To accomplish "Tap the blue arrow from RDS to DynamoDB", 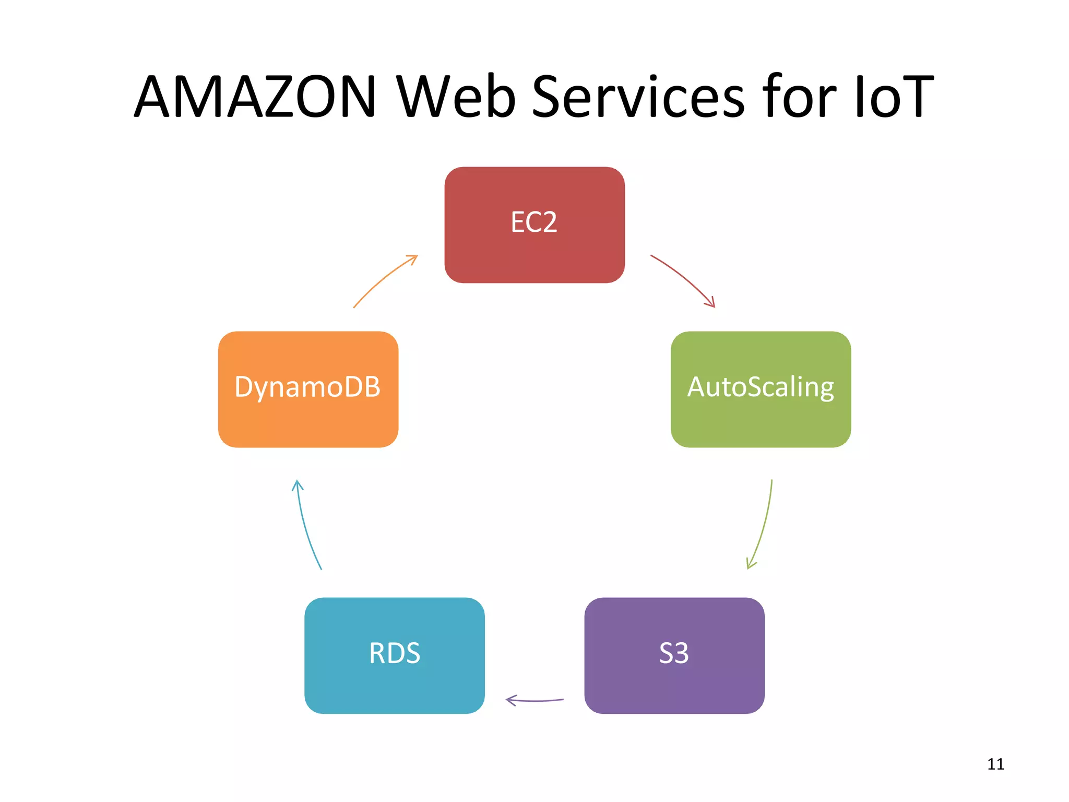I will (x=305, y=525).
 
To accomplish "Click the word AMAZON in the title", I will (x=255, y=97).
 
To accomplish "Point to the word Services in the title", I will (x=638, y=97).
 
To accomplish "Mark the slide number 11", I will (x=995, y=764).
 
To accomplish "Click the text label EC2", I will (x=533, y=222).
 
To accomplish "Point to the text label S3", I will (x=673, y=653).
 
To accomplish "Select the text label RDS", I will (x=394, y=653).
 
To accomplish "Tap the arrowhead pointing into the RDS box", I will (x=510, y=700).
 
